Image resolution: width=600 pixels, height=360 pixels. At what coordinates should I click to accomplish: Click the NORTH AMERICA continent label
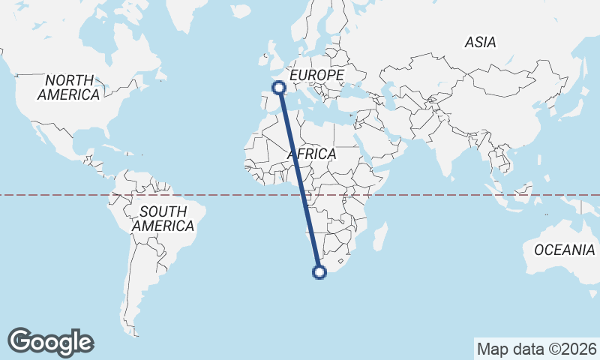[69, 88]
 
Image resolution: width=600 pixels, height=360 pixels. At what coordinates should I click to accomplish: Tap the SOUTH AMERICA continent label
[163, 218]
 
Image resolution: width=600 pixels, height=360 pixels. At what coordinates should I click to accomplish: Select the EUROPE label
[316, 76]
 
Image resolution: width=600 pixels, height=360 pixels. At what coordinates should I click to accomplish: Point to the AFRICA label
[311, 154]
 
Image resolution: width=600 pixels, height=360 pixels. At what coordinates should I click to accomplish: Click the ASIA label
[480, 43]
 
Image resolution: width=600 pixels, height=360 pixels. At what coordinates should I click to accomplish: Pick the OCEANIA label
[564, 250]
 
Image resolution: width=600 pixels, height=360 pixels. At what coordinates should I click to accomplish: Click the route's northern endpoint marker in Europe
[279, 88]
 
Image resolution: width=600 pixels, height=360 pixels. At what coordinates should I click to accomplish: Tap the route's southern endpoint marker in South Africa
[319, 272]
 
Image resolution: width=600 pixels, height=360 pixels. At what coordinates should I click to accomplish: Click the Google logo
[50, 342]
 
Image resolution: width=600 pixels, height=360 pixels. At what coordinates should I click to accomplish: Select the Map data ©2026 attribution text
[536, 349]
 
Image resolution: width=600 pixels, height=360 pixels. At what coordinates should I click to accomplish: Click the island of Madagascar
[379, 237]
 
